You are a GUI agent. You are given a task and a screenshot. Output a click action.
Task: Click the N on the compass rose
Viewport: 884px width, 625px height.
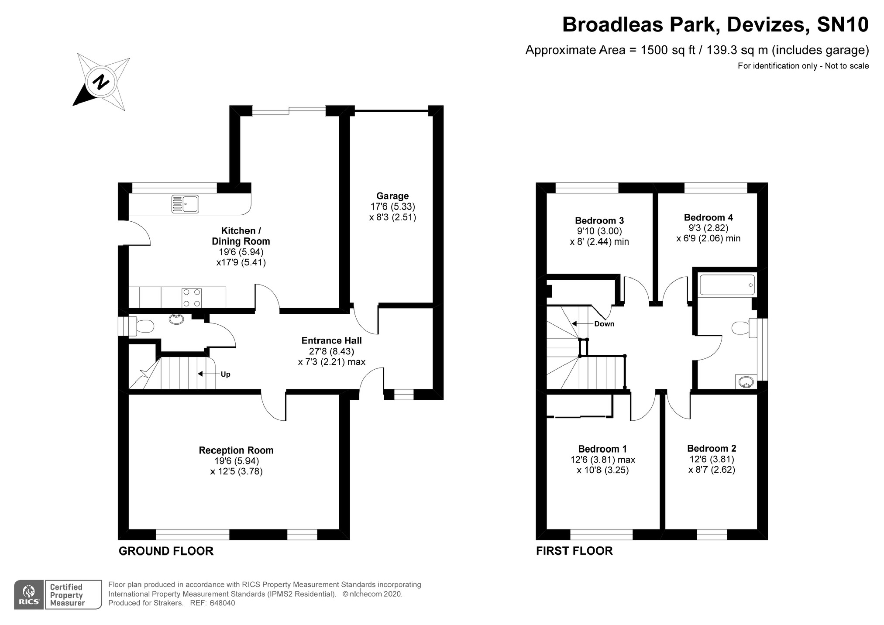(101, 82)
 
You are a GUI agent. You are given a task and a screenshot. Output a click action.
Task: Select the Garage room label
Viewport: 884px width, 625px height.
(392, 196)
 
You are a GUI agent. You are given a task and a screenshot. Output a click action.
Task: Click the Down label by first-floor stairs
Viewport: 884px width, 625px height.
(604, 324)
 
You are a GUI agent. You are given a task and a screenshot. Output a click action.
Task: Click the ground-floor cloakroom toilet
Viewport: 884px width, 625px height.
(142, 326)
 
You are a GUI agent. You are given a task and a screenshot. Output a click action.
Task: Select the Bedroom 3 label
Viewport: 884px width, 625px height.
(599, 220)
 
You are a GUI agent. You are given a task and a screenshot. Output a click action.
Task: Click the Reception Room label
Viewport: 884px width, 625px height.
(236, 450)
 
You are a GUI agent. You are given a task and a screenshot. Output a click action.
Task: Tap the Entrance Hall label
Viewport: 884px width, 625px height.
(331, 340)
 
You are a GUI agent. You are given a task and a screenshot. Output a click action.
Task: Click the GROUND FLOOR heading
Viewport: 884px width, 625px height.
(166, 551)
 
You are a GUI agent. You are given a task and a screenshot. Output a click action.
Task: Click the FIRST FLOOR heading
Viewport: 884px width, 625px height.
(574, 551)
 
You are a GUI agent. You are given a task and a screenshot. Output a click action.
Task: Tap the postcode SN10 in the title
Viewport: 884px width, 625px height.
(843, 24)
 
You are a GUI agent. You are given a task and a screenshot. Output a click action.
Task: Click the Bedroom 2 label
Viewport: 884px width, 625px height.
(711, 448)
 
